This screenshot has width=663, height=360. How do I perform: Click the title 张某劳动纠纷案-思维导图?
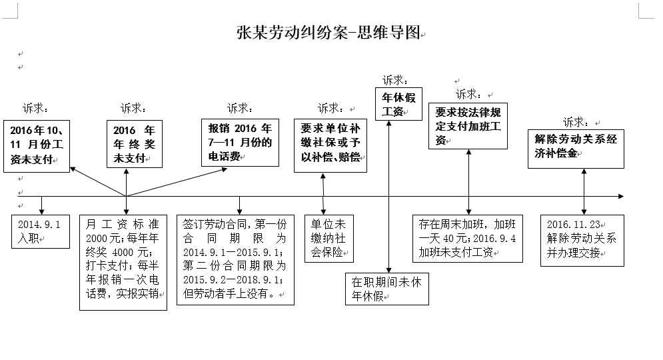[329, 33]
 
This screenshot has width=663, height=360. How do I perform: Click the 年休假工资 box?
[398, 104]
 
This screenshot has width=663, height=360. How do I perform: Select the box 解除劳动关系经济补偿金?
[576, 148]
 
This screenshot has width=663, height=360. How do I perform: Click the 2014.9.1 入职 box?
[41, 231]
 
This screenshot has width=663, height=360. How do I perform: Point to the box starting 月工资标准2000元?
[123, 262]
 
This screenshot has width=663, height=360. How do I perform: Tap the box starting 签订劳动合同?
[235, 260]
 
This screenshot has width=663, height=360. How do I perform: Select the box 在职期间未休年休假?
[386, 289]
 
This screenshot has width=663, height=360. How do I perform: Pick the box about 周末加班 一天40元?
[468, 238]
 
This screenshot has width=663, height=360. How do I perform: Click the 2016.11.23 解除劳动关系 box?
[582, 238]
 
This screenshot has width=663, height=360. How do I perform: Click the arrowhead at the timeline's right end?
[620, 196]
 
